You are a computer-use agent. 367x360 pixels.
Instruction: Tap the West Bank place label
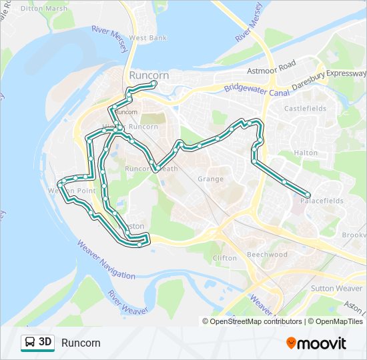(148, 38)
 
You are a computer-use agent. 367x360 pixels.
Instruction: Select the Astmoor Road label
(271, 67)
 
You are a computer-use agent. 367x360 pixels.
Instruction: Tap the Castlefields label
(305, 108)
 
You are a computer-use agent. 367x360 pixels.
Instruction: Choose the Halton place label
(306, 153)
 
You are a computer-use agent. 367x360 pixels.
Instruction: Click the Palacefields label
(322, 200)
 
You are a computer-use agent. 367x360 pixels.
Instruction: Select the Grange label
(210, 179)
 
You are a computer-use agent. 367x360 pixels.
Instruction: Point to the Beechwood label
(267, 255)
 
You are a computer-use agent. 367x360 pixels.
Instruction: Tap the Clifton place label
(224, 258)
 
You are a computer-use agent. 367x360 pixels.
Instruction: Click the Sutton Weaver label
(336, 289)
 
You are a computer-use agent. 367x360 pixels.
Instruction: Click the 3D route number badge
(45, 342)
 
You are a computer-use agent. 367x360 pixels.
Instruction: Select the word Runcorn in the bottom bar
(81, 343)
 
